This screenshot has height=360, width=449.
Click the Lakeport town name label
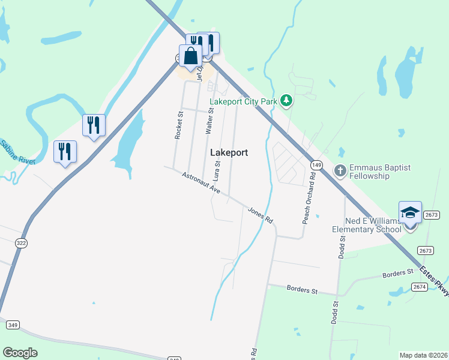tap(229, 153)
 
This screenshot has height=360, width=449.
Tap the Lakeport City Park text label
tap(243, 101)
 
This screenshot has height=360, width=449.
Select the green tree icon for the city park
tap(286, 101)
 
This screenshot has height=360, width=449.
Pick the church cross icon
tap(339, 172)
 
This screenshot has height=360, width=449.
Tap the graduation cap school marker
tap(410, 214)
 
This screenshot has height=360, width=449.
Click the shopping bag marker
tap(190, 57)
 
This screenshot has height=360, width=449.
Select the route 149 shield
tap(317, 165)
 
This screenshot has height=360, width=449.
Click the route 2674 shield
tap(421, 287)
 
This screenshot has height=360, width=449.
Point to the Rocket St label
tap(178, 125)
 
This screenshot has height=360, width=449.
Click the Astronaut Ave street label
tap(201, 184)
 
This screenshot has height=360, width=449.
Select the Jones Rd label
tap(261, 215)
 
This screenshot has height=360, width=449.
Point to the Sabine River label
tap(17, 154)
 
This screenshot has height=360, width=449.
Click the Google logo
tap(20, 353)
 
